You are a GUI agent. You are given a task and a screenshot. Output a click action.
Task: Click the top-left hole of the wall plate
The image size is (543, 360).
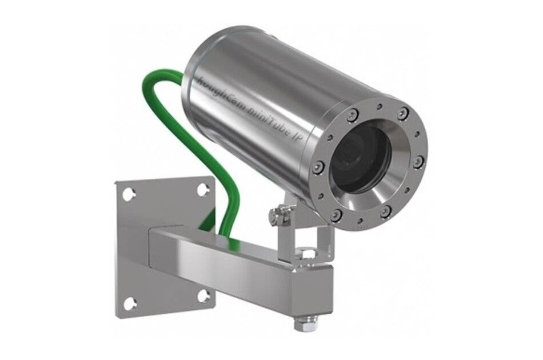129,194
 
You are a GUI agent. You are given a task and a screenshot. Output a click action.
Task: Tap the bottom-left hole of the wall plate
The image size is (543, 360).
130,302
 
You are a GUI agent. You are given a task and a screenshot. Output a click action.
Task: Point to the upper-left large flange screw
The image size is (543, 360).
353,116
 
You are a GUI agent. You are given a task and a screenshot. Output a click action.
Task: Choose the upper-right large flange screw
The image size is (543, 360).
403,113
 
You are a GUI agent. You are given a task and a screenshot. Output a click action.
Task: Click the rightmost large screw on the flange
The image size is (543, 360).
418,162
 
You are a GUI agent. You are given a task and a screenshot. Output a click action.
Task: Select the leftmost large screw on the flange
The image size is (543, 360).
319,167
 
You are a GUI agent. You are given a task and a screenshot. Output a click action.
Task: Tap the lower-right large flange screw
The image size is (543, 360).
386,211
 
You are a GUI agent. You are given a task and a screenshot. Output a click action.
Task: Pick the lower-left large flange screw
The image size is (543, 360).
337,214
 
